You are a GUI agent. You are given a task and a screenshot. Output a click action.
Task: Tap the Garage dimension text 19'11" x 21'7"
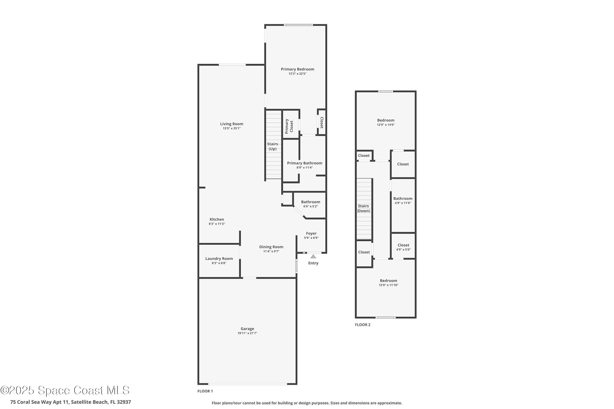coord(247,333)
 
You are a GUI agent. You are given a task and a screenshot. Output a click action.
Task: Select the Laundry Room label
coord(219,258)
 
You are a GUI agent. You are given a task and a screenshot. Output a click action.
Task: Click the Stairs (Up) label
coord(273,146)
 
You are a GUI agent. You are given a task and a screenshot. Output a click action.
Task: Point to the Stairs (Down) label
coord(363,208)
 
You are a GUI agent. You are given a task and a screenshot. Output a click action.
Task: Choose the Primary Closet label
coord(289,126)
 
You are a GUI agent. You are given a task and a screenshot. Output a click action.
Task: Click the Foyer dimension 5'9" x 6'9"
coord(311,238)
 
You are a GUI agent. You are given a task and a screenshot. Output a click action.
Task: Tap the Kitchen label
coord(217,219)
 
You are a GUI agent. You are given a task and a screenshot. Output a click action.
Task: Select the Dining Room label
coord(271,247)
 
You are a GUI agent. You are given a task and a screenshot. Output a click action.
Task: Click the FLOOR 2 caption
coord(362,325)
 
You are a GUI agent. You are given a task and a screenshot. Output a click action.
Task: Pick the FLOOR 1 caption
coord(205,391)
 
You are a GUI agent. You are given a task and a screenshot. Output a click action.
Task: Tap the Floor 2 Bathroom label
coord(403,199)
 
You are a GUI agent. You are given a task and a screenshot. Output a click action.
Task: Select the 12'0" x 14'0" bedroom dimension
coord(386,125)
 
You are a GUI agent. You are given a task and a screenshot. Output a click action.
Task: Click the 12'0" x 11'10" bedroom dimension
coord(388,285)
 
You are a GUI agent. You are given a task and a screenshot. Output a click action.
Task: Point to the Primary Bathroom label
coord(304,163)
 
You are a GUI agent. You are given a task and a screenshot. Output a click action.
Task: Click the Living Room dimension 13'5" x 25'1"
coord(231,128)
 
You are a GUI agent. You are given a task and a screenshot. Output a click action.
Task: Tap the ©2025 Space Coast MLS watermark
coord(65,390)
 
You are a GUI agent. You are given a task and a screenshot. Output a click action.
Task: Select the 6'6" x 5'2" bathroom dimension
coord(310,206)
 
